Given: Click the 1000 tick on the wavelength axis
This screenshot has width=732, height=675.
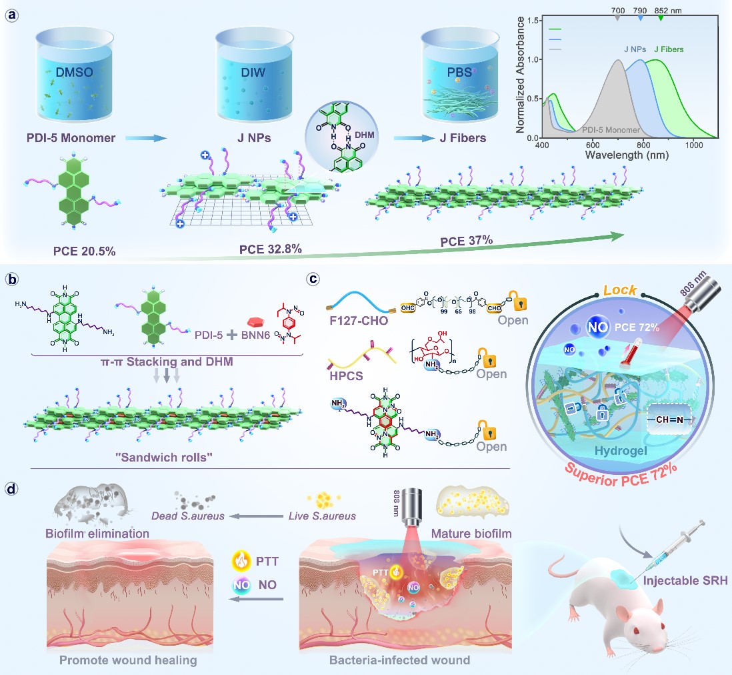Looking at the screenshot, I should (x=693, y=145).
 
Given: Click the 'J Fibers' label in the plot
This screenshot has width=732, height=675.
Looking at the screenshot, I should (x=669, y=49).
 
